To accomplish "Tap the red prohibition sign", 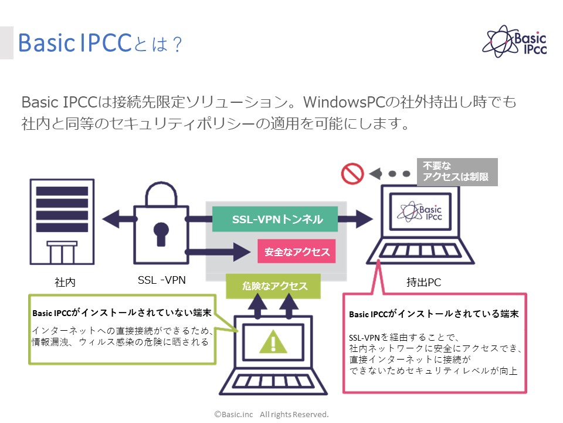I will point(353,173).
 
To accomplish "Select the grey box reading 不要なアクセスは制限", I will point(457,172).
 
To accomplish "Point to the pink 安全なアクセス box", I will point(297,251).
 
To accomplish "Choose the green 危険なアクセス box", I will point(274,286).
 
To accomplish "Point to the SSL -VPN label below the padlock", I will point(162,280).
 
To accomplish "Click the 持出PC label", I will point(423,283).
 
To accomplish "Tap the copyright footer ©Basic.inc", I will point(271,414).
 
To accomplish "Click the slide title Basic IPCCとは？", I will point(100,43).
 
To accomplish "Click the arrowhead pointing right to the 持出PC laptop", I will point(363,220).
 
